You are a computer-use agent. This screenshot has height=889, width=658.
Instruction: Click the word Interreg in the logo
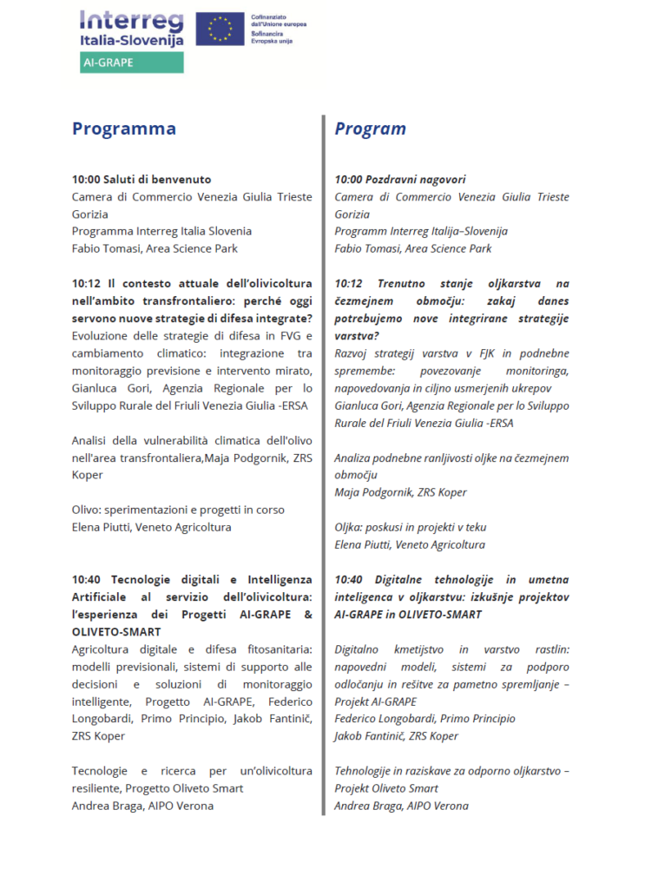pyautogui.click(x=130, y=22)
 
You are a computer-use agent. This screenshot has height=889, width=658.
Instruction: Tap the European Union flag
pyautogui.click(x=220, y=30)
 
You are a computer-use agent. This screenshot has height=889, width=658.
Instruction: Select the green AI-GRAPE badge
pyautogui.click(x=131, y=63)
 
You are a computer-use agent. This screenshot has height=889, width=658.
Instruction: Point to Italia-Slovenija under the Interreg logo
pyautogui.click(x=131, y=42)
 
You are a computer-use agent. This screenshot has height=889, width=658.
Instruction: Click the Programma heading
pyautogui.click(x=124, y=128)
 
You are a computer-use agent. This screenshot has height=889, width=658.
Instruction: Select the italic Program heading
pyautogui.click(x=371, y=128)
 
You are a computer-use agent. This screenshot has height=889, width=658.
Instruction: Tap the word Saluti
pyautogui.click(x=122, y=180)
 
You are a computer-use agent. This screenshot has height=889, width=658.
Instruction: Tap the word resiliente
pyautogui.click(x=96, y=787)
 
